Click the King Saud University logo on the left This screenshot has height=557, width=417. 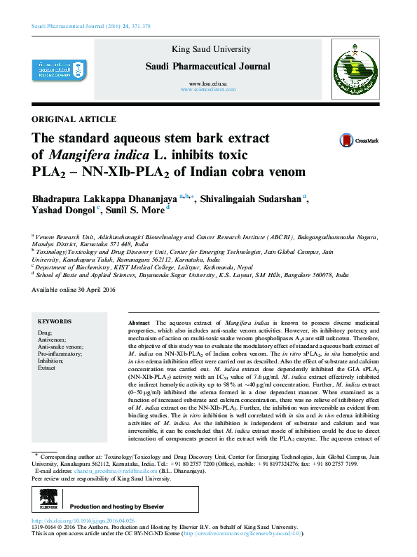(x=56, y=68)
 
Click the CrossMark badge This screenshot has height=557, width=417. (x=359, y=140)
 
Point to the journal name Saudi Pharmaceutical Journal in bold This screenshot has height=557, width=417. (x=207, y=67)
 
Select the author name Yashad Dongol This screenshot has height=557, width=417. (x=64, y=212)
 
